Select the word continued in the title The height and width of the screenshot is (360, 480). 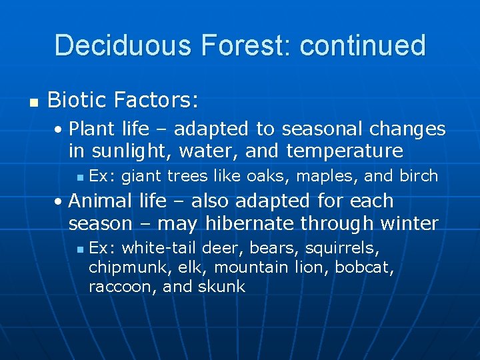click(x=363, y=45)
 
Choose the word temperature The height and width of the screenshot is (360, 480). click(x=345, y=151)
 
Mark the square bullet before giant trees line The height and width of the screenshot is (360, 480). click(x=80, y=177)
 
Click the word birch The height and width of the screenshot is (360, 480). click(x=419, y=176)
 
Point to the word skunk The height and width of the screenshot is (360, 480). click(x=222, y=287)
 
